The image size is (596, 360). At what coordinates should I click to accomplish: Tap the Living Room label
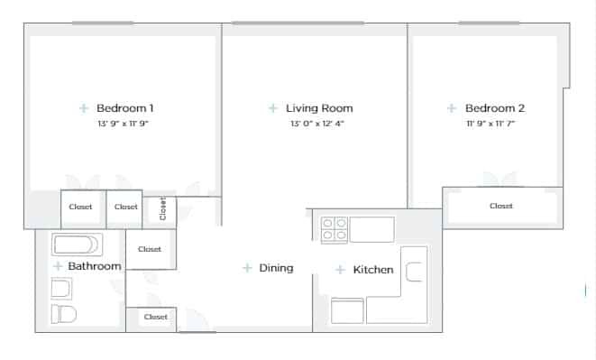click(319, 108)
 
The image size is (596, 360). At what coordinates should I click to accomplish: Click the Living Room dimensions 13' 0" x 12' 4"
click(316, 125)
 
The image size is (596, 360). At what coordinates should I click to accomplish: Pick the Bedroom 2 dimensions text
click(490, 125)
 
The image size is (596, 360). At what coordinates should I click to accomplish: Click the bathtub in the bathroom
click(78, 245)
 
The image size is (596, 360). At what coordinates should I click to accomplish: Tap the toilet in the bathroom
click(63, 314)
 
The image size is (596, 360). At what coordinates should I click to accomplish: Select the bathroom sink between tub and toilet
click(60, 289)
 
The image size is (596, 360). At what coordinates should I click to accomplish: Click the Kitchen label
click(373, 270)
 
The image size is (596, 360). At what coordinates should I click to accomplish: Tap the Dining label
click(276, 268)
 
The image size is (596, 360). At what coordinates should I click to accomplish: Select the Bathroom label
click(94, 267)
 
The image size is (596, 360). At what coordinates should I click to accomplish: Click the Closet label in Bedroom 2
click(501, 207)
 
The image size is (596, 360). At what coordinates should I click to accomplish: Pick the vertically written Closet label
click(162, 209)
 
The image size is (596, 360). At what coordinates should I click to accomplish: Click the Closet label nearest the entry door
click(156, 318)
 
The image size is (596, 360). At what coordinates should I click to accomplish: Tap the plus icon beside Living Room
click(273, 108)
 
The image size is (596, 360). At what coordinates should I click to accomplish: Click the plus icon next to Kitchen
click(340, 270)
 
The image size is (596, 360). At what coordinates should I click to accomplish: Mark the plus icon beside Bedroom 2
click(452, 108)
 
